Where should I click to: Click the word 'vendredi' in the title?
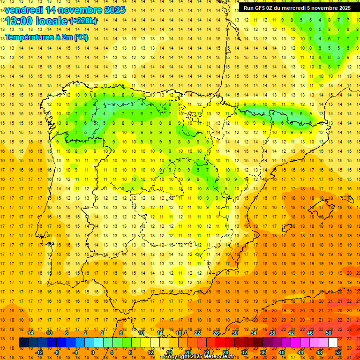coord(24,10)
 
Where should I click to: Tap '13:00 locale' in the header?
coord(37,21)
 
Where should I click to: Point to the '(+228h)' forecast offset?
coord(83,21)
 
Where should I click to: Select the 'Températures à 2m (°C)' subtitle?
coord(46,37)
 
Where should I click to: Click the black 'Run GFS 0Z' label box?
coord(297,8)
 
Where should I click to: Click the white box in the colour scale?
coord(333,343)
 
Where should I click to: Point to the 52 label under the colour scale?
coord(338,352)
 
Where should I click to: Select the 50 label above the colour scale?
coord(329,333)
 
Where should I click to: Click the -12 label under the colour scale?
coord(39,352)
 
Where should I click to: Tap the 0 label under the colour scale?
coord(93,352)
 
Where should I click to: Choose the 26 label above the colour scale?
coord(216,333)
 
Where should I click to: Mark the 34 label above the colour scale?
coord(254,333)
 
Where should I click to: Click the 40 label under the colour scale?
coord(282,352)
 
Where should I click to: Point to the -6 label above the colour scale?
coord(66,333)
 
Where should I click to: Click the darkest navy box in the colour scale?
coord(23,343)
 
